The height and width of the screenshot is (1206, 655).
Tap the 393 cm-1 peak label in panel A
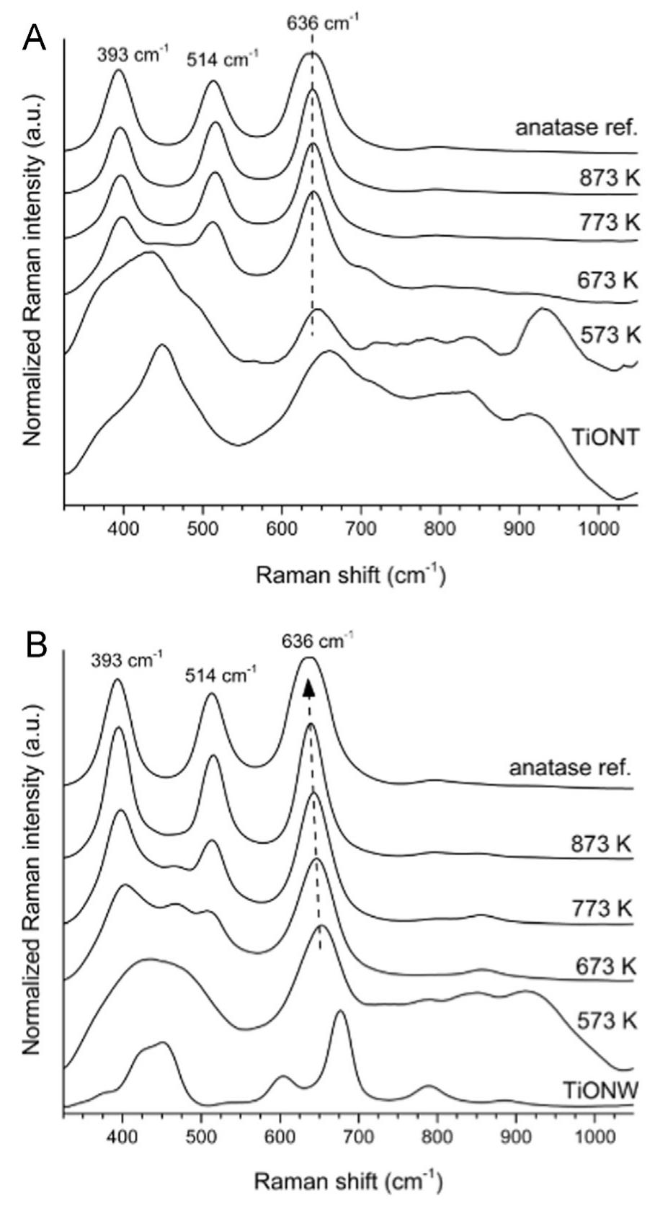(x=131, y=56)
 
